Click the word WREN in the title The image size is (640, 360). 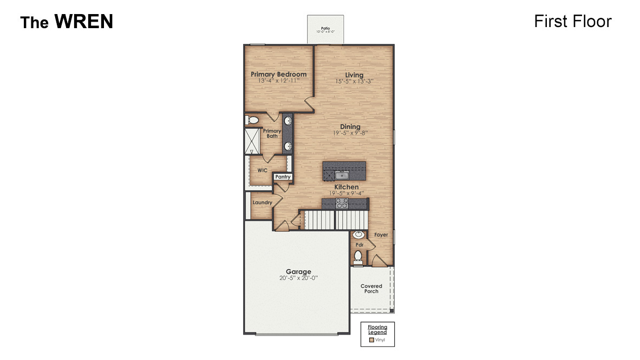tap(83, 22)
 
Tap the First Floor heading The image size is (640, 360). tap(572, 21)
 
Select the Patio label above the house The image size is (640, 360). tap(325, 28)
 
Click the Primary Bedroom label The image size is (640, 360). tap(278, 74)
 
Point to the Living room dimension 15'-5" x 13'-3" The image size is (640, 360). tap(354, 81)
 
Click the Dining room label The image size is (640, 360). tap(350, 127)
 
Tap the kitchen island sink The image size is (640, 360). tap(341, 174)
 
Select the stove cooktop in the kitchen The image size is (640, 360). tap(342, 203)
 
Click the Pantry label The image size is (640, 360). tap(283, 177)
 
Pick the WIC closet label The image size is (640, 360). tap(262, 170)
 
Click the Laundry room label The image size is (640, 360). tap(262, 202)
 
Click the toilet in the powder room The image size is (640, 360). tap(358, 257)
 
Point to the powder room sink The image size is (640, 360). tap(358, 235)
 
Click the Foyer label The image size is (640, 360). tap(381, 235)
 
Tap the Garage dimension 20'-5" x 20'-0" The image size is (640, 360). tap(298, 278)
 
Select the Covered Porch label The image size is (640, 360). tap(371, 289)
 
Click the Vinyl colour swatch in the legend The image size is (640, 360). tap(371, 340)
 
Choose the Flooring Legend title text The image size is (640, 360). tap(377, 330)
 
